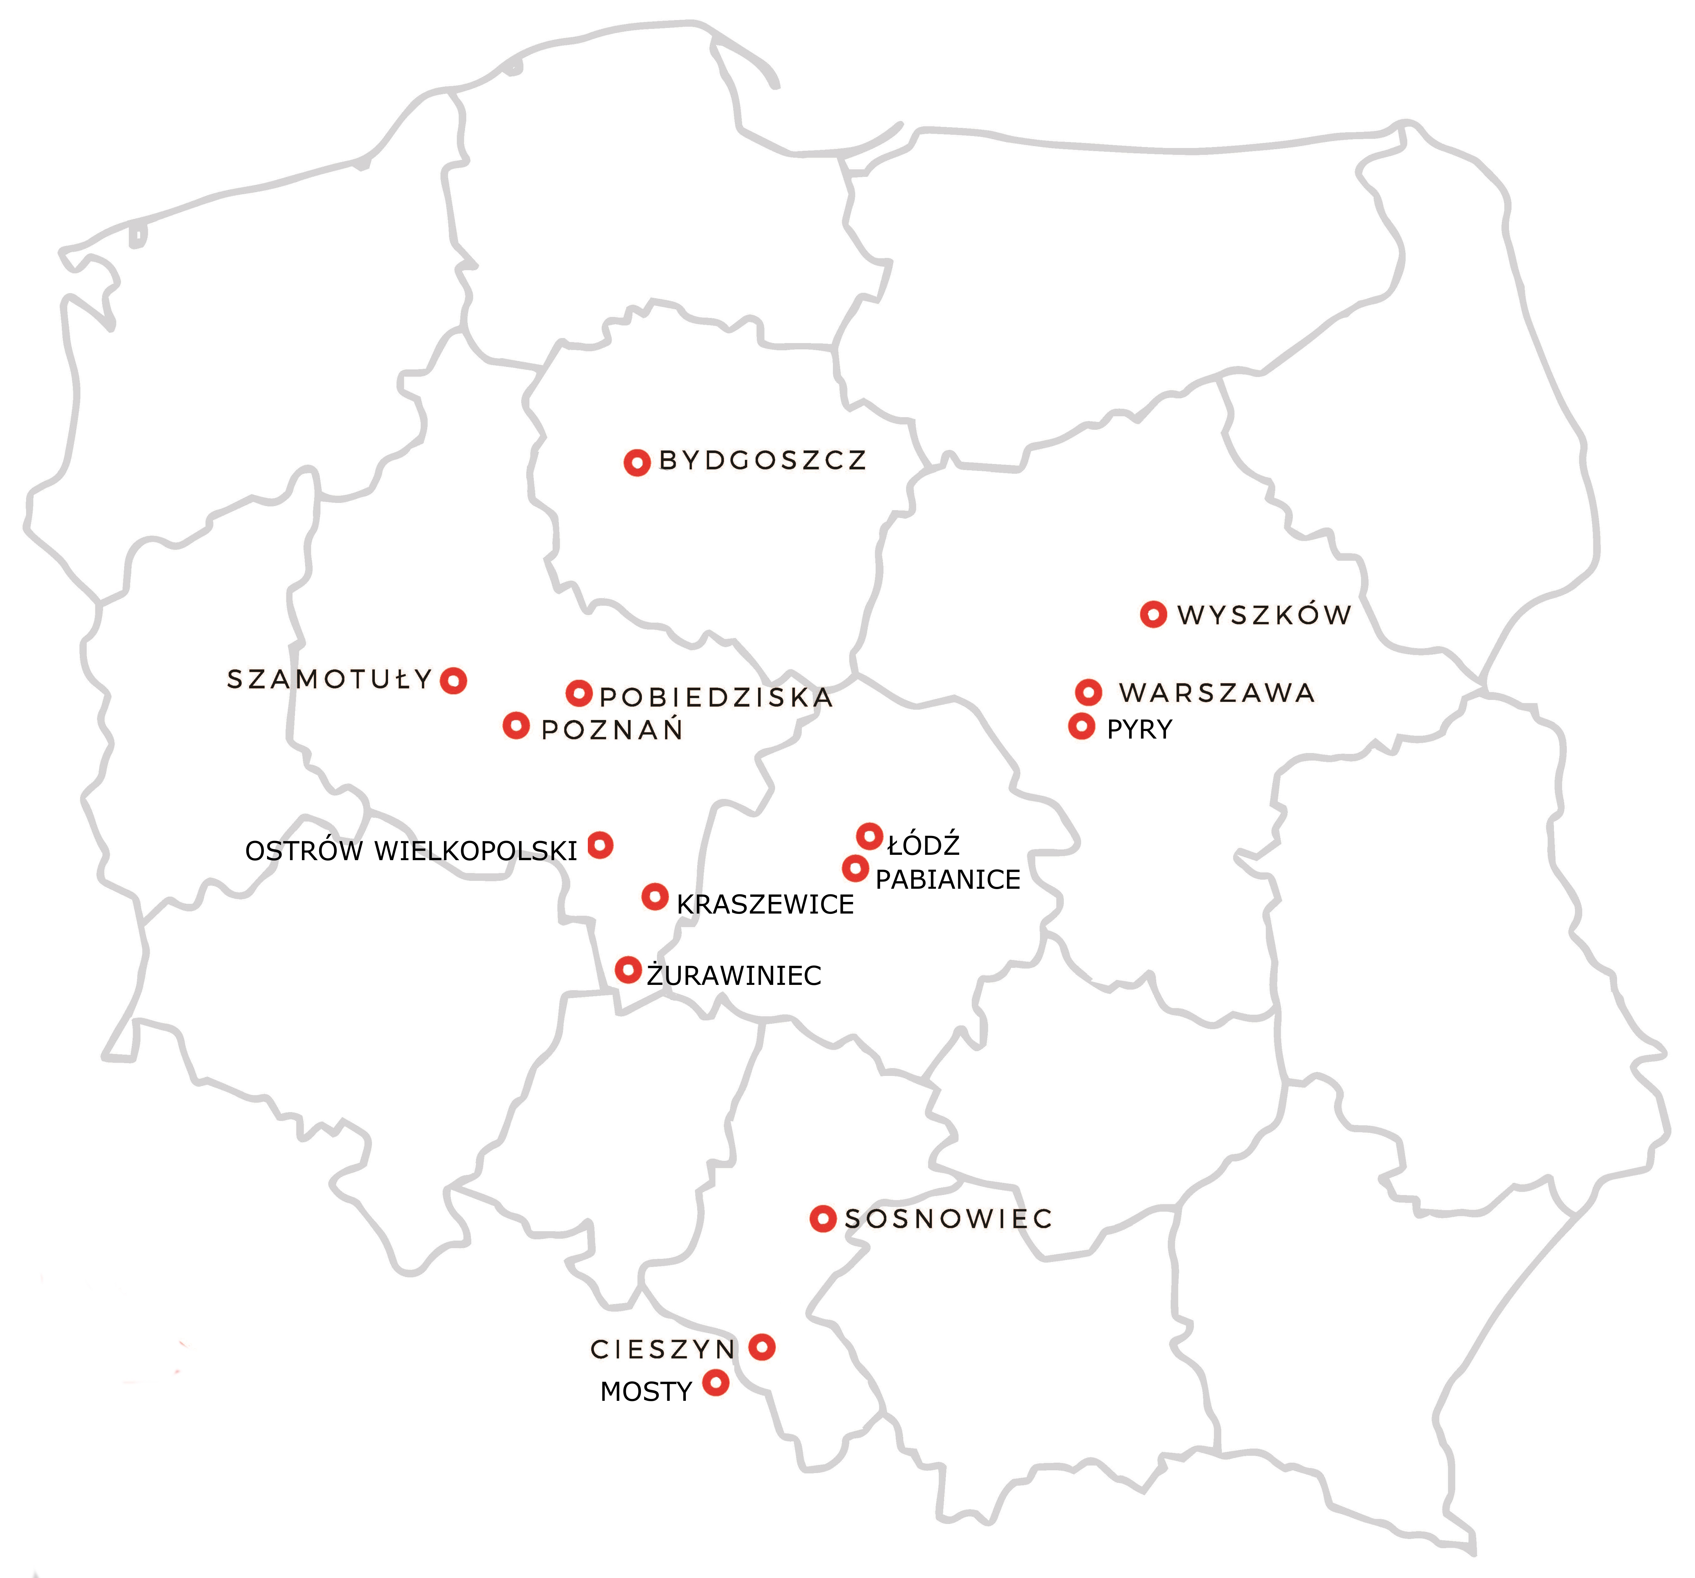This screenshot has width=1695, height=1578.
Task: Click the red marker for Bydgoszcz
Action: coord(637,463)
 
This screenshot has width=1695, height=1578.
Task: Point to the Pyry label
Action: coord(1139,730)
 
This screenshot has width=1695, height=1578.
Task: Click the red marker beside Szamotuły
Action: coord(454,680)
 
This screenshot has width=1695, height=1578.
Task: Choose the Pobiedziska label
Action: coord(716,697)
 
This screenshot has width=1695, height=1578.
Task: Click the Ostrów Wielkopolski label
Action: coord(411,851)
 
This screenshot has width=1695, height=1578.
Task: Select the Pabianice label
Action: coord(947,880)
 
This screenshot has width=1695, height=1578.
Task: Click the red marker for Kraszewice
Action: coord(655,897)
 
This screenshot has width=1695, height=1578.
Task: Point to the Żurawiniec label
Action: coord(734,975)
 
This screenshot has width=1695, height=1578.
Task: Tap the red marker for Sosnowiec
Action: coord(822,1219)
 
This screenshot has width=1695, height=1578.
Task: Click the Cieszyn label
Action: coord(663,1350)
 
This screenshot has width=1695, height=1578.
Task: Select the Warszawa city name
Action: coord(1217,693)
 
